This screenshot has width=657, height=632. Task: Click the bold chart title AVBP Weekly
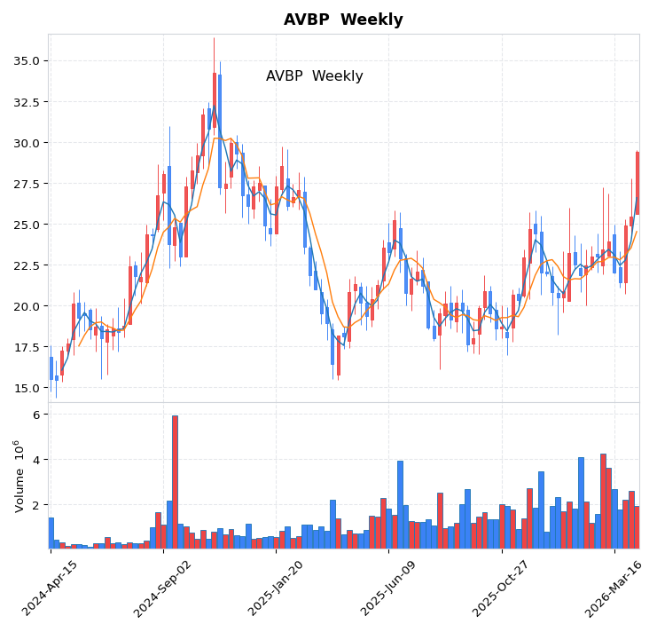point(343,20)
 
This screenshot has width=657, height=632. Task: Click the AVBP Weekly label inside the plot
point(314,76)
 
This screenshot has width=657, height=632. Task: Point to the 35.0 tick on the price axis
point(27,61)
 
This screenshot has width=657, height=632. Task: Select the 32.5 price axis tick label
point(27,102)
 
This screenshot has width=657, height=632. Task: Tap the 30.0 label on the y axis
point(27,143)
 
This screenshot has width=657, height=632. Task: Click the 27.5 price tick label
point(27,184)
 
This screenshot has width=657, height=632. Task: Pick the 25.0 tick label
point(27,225)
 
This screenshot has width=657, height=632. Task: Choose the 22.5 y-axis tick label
point(27,265)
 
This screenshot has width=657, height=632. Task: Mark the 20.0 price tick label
point(27,306)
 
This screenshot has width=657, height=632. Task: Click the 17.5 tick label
point(27,347)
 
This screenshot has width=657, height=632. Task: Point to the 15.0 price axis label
point(27,388)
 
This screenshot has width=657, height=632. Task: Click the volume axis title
point(19,476)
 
